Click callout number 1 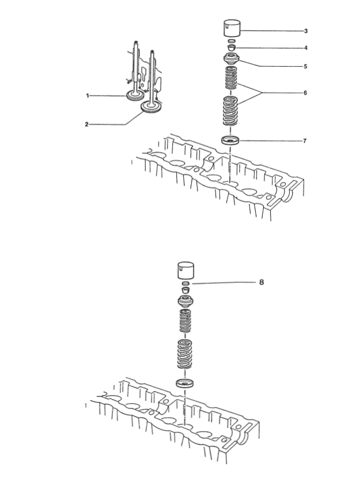pyautogui.click(x=88, y=96)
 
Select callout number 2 pyautogui.click(x=86, y=124)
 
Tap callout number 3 pyautogui.click(x=306, y=31)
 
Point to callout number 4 pyautogui.click(x=306, y=48)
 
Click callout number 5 pyautogui.click(x=305, y=66)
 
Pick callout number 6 pyautogui.click(x=305, y=93)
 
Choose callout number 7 pyautogui.click(x=305, y=141)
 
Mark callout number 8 pyautogui.click(x=262, y=282)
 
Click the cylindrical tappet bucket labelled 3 pyautogui.click(x=232, y=28)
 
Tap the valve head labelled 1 pyautogui.click(x=135, y=96)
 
